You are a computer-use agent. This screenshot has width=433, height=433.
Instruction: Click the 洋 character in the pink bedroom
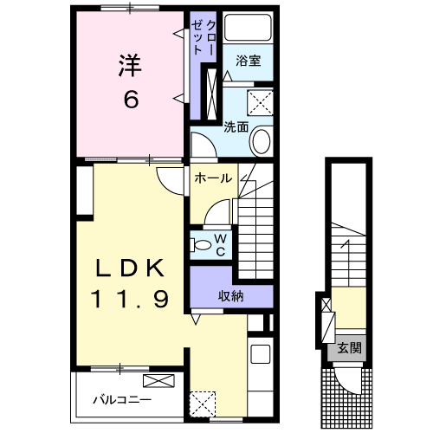click(x=130, y=66)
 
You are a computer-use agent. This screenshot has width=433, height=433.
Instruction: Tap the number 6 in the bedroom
click(x=131, y=99)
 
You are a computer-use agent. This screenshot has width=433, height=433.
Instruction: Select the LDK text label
click(x=130, y=268)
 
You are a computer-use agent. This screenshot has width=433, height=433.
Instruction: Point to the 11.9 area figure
click(x=130, y=299)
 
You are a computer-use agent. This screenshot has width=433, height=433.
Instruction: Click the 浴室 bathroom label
click(x=249, y=61)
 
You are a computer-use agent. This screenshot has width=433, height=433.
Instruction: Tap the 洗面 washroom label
click(x=236, y=126)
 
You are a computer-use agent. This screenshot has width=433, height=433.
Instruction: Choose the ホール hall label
click(x=213, y=178)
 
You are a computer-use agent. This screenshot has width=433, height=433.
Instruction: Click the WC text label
click(x=220, y=245)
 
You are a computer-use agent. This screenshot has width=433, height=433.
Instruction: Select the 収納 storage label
click(x=230, y=296)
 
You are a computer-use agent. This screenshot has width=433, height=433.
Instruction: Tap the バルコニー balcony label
click(x=122, y=400)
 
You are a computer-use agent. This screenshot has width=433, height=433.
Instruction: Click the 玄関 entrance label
click(x=350, y=348)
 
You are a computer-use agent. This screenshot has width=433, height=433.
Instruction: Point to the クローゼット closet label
click(x=204, y=37)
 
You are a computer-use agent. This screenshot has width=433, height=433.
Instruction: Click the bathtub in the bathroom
click(x=249, y=27)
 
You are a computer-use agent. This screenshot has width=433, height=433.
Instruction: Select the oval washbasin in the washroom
click(x=262, y=141)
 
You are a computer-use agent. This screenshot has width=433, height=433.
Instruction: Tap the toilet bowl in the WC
click(x=203, y=245)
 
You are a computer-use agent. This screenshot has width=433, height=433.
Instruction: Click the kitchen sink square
click(x=261, y=354)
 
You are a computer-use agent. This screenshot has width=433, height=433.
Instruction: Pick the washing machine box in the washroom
click(x=260, y=102)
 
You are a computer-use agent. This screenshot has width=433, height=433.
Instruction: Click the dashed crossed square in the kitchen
click(x=203, y=404)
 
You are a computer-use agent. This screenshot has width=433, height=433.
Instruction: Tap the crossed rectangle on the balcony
click(x=158, y=380)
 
